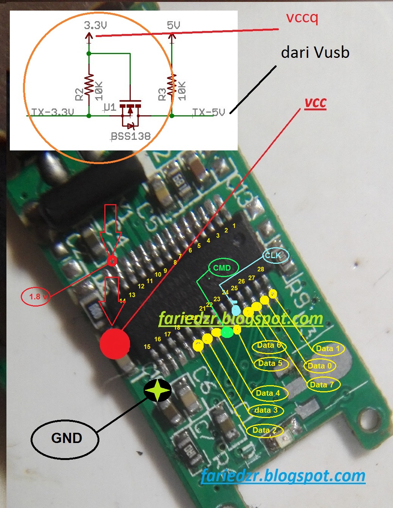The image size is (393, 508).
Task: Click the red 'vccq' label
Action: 302,18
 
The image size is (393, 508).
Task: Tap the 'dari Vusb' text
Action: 315,53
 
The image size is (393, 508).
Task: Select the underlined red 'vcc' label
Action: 315,103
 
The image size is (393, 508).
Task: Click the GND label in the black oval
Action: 66,438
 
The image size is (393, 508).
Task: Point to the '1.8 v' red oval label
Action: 37,297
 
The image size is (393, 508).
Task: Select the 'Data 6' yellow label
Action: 269,345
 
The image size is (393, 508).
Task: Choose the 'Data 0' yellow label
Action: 319,366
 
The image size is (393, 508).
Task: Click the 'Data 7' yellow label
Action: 322,385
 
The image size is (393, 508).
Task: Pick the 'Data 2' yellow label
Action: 264,430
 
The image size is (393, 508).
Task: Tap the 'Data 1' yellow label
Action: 328,348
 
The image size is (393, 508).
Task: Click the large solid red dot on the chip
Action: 115,344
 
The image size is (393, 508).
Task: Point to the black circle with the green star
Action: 158,390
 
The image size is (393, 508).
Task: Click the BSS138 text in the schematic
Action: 131,136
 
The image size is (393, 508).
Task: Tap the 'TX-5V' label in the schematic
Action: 209,112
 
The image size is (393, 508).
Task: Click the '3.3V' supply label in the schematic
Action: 95,25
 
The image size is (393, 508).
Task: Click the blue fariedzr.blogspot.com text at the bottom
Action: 283,475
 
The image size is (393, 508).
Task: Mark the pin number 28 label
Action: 261,269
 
